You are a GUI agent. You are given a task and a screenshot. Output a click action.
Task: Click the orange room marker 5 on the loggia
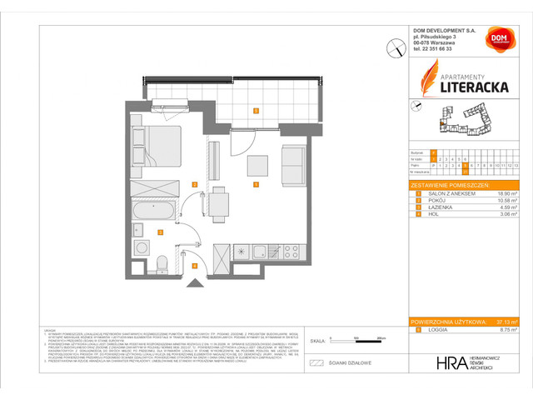[256, 110]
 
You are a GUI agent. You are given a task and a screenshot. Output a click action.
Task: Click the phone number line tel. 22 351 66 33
[436, 72]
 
